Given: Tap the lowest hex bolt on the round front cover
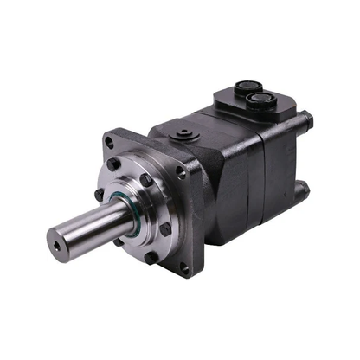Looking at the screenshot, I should pyautogui.click(x=153, y=257).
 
